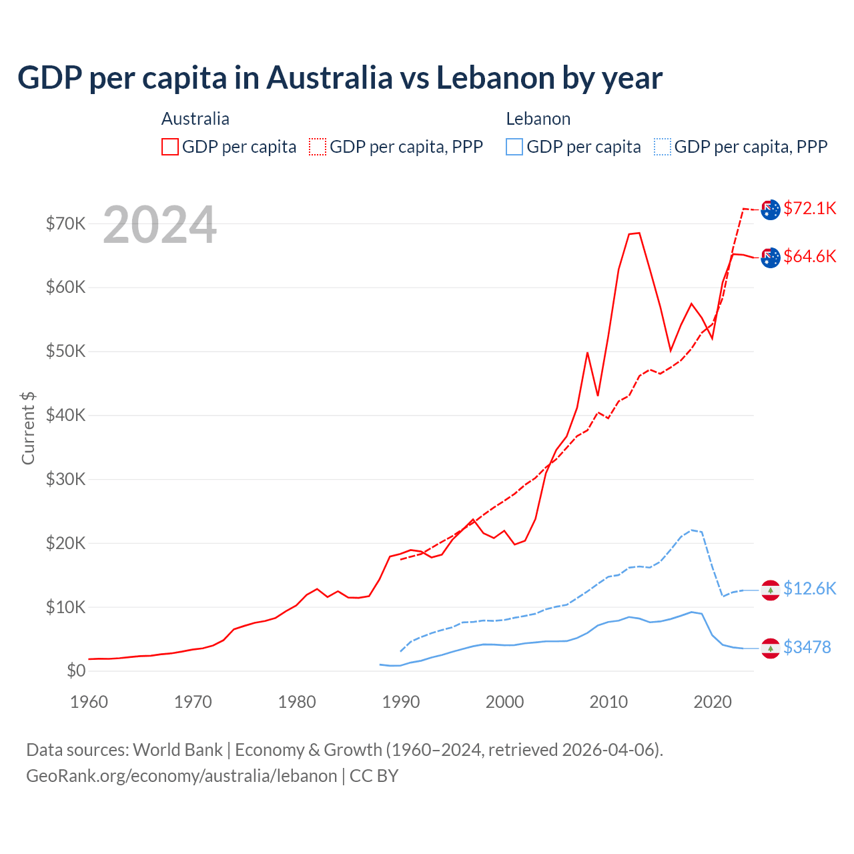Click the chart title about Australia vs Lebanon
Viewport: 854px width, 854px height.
pos(340,78)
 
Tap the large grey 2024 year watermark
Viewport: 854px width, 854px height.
pos(159,225)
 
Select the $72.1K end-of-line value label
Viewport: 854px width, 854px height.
pos(809,208)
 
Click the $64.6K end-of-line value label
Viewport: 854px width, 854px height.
pos(809,256)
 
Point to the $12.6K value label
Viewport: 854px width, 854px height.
pos(809,588)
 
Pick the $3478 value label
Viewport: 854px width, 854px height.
pos(807,647)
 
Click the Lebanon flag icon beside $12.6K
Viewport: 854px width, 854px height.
pos(771,590)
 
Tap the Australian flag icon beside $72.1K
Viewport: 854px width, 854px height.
pos(771,209)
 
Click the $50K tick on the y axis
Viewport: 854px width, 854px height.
pos(66,351)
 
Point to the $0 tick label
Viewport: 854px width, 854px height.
pos(76,671)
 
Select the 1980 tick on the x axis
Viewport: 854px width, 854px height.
pos(297,702)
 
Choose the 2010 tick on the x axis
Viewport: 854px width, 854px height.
pos(608,702)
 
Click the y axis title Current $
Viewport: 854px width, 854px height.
pos(28,428)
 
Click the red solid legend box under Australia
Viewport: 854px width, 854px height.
pos(170,147)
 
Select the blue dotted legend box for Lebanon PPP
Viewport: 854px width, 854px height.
pos(663,147)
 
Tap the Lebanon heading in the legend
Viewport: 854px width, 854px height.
pos(538,119)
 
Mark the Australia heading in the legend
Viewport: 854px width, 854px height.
pos(195,119)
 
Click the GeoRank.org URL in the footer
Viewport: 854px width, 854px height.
pos(181,776)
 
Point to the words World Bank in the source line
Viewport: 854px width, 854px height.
pos(177,750)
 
